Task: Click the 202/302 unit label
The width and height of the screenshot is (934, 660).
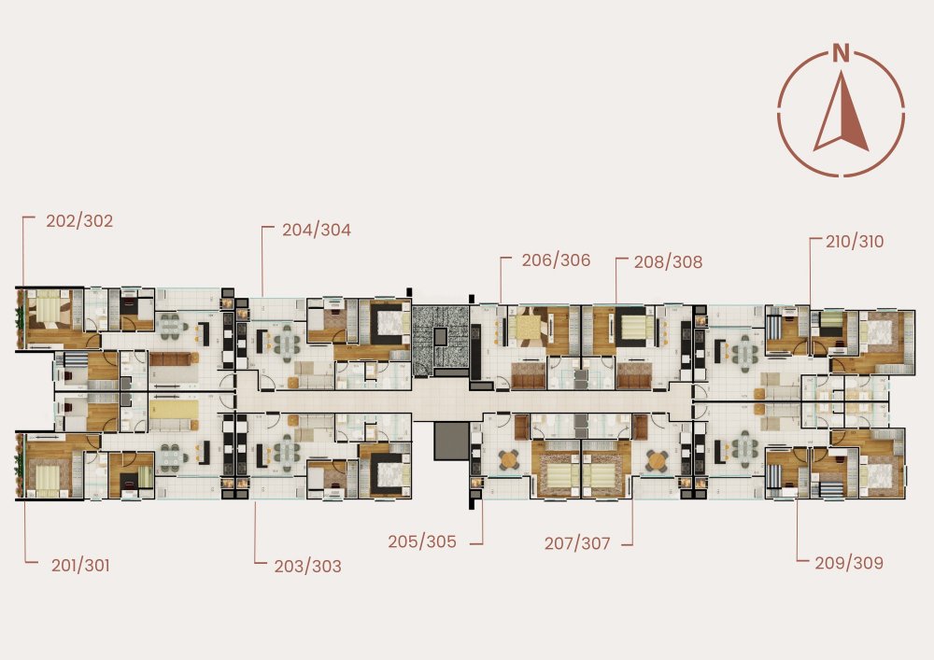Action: coord(79,221)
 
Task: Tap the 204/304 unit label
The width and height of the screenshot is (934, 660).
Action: coord(317,230)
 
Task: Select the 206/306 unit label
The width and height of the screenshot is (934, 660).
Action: coord(557,260)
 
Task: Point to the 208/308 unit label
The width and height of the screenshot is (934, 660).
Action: coord(669,262)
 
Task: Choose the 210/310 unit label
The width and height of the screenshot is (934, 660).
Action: coord(855,242)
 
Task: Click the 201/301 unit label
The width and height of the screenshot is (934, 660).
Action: coord(80,566)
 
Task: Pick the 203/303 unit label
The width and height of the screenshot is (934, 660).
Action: coord(308,566)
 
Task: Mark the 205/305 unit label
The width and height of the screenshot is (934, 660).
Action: coord(422,541)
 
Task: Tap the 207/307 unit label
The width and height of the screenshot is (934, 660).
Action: coord(577,543)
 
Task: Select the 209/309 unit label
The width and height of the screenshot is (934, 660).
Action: coord(849,563)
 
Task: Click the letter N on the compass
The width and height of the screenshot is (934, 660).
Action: coord(842,53)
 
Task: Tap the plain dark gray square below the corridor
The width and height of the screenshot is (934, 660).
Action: coord(451,441)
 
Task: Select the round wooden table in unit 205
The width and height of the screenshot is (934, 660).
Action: coord(509,459)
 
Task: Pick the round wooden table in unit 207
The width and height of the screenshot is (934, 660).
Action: coord(657,459)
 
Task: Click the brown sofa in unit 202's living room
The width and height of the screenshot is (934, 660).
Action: coord(174,358)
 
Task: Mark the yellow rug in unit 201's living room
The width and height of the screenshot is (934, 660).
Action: coord(174,410)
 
